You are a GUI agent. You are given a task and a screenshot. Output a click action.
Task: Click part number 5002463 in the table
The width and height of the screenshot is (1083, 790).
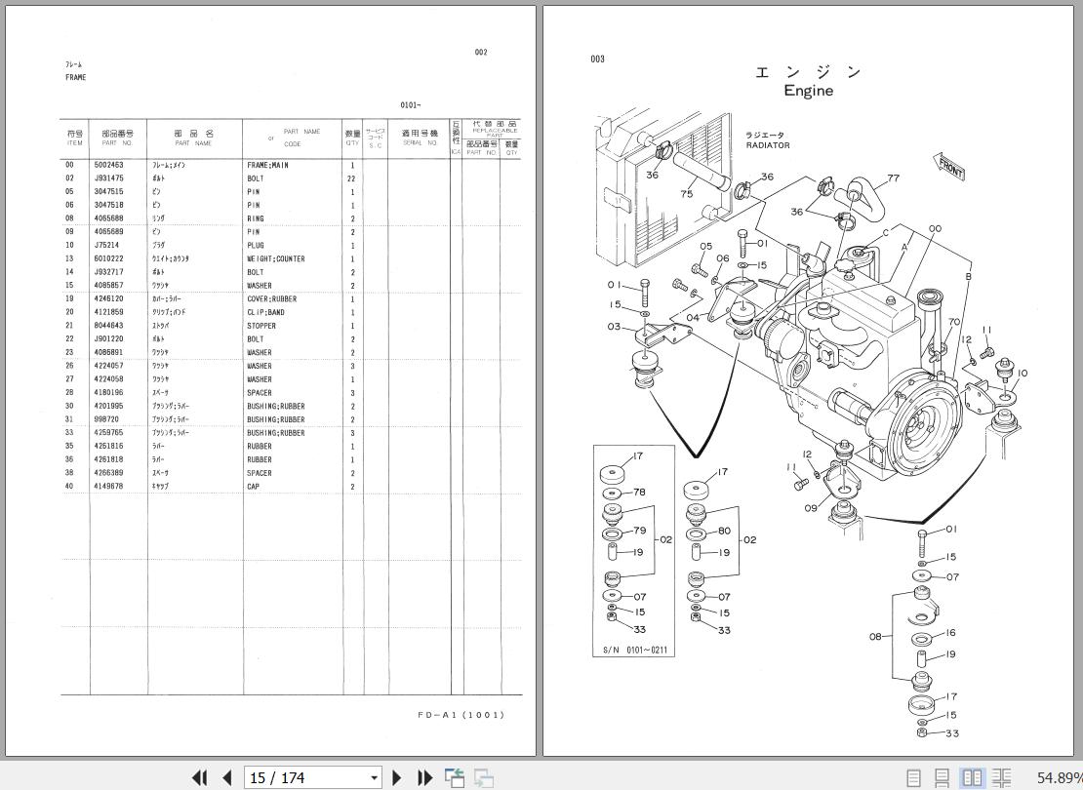(x=107, y=166)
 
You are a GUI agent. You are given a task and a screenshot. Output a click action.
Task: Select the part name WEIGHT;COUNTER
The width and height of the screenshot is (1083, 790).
(x=275, y=259)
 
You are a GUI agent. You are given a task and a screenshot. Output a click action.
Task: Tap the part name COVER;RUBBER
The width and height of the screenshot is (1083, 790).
(x=271, y=299)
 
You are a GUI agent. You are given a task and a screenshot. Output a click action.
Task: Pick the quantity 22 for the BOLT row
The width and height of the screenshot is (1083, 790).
(x=351, y=179)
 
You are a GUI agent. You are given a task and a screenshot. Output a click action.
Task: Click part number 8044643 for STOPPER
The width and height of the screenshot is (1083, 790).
(x=107, y=326)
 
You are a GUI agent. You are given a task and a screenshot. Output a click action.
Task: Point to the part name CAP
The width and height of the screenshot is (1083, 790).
(x=254, y=487)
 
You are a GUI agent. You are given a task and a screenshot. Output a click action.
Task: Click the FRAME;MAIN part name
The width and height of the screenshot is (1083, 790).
(x=267, y=166)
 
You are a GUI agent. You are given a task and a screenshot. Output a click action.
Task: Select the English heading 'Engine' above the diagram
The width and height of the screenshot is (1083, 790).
(x=808, y=91)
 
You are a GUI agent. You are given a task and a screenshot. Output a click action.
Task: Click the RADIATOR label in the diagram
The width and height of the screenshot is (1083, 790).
(x=768, y=145)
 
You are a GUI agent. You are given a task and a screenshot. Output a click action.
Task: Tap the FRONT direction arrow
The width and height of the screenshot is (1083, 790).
(x=949, y=167)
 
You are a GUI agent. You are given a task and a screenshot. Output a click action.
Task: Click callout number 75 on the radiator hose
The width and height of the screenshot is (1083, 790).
(x=687, y=194)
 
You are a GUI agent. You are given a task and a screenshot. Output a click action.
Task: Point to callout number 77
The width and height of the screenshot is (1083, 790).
(x=893, y=178)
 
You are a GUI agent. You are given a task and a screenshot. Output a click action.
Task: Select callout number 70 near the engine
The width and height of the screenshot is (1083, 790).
(x=953, y=322)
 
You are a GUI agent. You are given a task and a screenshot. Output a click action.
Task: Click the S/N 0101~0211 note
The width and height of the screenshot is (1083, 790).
(x=634, y=650)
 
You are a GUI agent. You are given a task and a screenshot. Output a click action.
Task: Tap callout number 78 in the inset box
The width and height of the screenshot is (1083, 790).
(x=639, y=493)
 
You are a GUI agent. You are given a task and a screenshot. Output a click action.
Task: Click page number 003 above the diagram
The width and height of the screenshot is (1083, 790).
(x=597, y=59)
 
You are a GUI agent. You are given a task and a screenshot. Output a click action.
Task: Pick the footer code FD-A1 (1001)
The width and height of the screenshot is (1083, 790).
(x=461, y=715)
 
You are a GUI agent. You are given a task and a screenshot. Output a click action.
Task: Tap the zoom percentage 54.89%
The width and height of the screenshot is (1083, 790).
(x=1057, y=777)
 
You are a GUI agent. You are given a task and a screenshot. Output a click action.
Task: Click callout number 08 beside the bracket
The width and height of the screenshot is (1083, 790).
(x=875, y=637)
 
